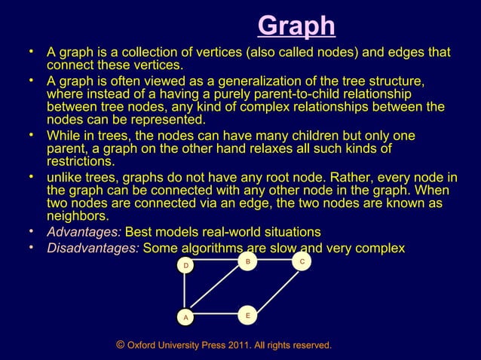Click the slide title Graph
(x=296, y=26)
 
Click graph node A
(x=185, y=318)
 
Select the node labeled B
(x=247, y=261)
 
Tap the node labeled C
(x=302, y=261)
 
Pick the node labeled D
(x=185, y=266)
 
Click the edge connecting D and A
(x=185, y=292)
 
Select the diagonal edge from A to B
(x=216, y=290)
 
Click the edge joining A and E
(x=216, y=314)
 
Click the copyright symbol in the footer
(x=121, y=344)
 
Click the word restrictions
(x=81, y=161)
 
